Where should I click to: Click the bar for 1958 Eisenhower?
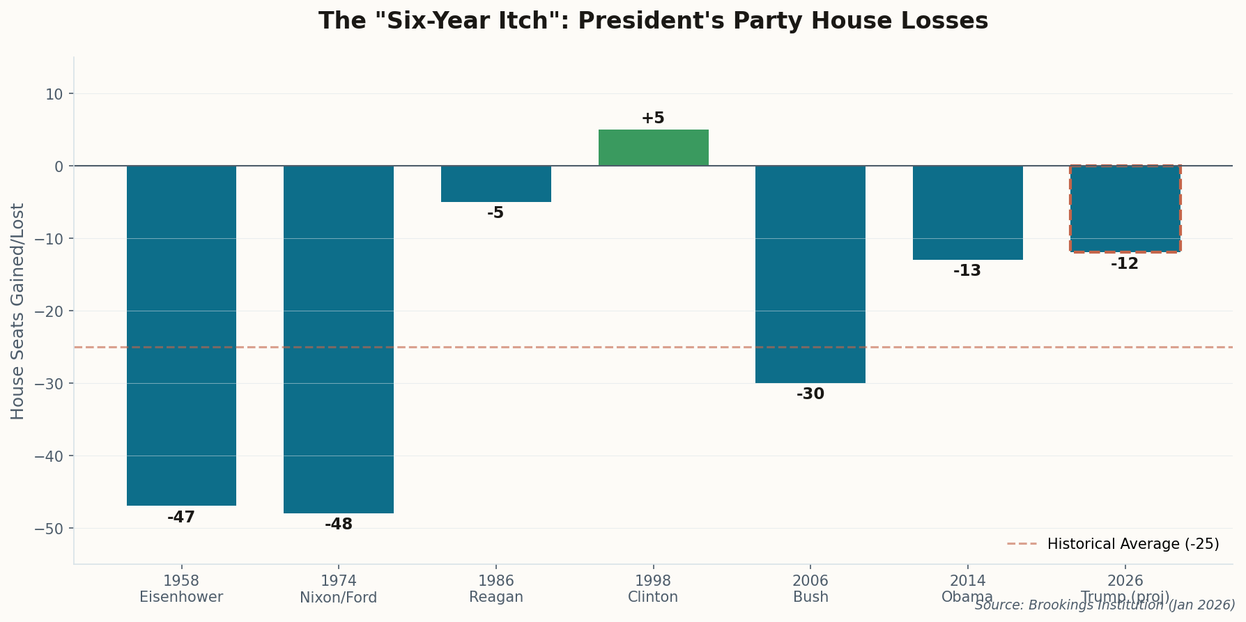181,335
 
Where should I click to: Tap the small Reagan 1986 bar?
496,184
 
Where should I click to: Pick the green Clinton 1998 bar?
653,148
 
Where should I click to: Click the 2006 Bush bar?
810,274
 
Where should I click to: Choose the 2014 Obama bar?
968,212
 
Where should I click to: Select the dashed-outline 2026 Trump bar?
1125,209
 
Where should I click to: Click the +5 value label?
653,118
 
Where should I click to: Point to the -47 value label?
181,518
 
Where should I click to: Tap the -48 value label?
339,524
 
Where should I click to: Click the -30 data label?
810,394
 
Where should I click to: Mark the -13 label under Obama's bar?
967,271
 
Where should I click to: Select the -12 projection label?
1125,264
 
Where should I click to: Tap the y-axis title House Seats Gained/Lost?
17,311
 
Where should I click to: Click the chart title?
653,21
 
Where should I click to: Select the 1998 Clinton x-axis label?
653,589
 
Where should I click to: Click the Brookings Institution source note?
1105,605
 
